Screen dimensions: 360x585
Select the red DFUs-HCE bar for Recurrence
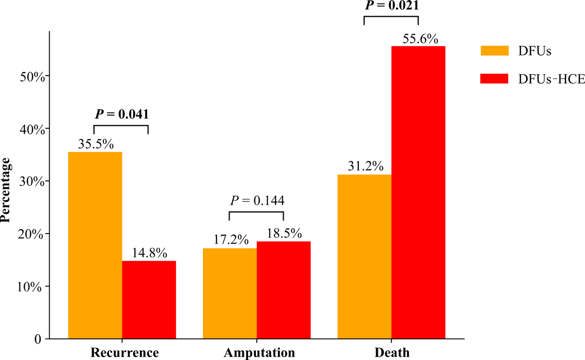(149, 300)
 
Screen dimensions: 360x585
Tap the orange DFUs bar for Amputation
(230, 293)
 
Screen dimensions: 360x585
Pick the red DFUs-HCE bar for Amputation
(283, 290)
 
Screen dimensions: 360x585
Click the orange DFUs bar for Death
(364, 257)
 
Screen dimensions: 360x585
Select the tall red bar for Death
(418, 192)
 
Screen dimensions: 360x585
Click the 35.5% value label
(96, 145)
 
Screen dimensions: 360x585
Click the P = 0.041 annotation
(121, 115)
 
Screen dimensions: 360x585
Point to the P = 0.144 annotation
(256, 200)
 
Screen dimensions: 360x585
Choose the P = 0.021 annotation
(391, 6)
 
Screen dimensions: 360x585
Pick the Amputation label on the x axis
(256, 352)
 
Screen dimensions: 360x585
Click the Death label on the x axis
(391, 352)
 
